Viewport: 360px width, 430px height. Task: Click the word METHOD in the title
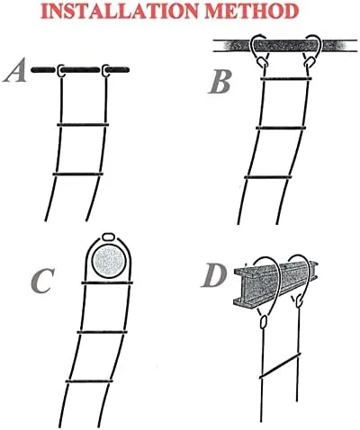253,11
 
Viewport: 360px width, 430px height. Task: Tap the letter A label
14,71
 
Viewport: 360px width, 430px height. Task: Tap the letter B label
220,82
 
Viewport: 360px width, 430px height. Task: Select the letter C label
42,281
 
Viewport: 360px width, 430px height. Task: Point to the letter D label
213,276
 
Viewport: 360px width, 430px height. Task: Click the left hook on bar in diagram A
60,70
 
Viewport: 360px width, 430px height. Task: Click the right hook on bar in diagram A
105,70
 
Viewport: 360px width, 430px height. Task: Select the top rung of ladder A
83,124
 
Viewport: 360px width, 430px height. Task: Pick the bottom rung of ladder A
78,174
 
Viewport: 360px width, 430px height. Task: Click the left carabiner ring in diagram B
262,62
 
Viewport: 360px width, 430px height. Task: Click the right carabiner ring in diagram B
309,62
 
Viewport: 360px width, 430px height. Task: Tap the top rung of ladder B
286,79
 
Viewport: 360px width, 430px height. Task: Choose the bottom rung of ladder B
268,177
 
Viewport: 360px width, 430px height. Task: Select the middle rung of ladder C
102,332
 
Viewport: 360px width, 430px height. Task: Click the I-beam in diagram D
275,283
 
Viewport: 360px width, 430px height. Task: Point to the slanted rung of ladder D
280,365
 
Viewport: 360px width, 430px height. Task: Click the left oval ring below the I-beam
264,321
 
